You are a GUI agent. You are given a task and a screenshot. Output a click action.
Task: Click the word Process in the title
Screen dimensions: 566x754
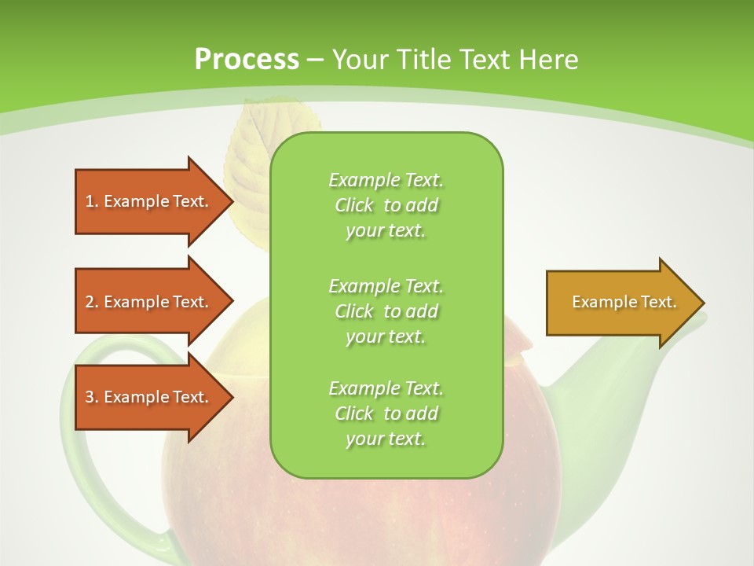coord(247,60)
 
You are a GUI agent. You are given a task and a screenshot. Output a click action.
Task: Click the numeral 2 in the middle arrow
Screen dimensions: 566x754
coord(89,302)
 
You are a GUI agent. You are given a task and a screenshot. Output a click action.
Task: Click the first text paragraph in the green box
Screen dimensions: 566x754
coord(386,205)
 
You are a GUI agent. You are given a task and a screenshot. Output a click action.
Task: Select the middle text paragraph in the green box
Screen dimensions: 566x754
coord(386,311)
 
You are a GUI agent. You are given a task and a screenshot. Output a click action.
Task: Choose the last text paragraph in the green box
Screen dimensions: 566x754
coord(386,413)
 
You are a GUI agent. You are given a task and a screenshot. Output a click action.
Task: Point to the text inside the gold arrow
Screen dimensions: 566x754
coord(624,302)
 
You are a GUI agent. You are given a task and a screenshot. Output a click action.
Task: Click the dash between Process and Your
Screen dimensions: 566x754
coord(315,61)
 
